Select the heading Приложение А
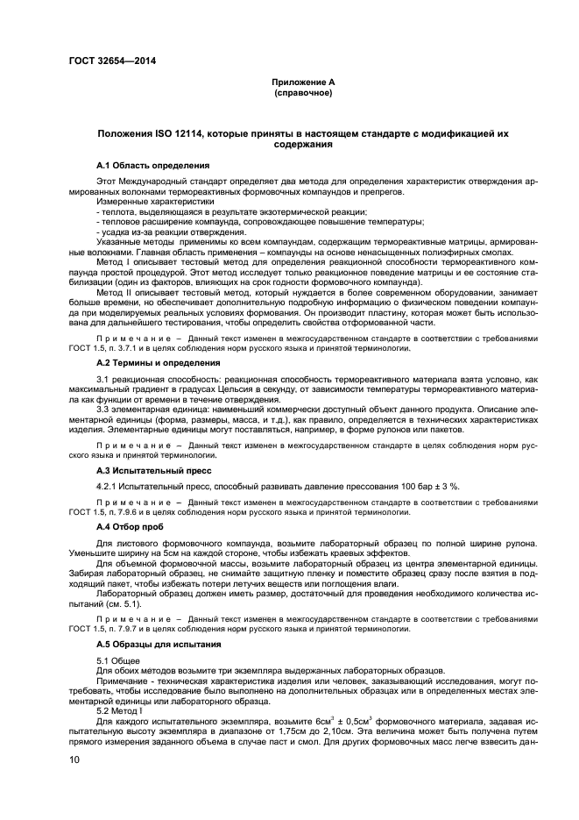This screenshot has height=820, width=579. point(303,82)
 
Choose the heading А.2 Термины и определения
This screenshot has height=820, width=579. point(158,361)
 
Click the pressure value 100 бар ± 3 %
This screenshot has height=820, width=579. point(429,486)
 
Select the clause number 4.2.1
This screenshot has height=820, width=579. point(107,486)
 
